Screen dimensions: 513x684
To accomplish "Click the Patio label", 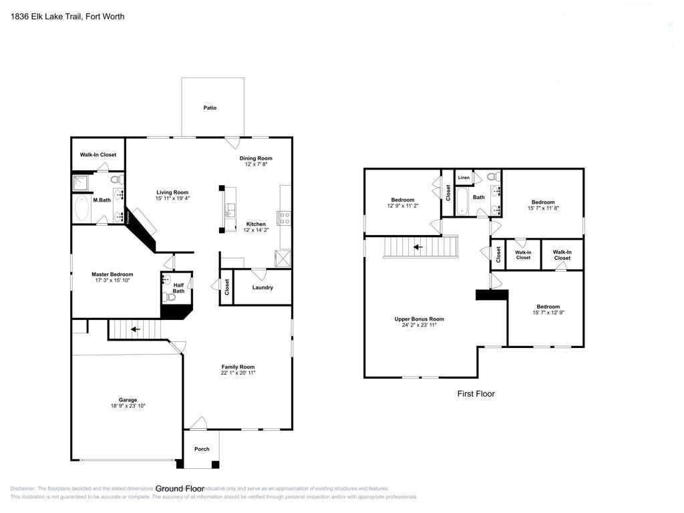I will (210, 108).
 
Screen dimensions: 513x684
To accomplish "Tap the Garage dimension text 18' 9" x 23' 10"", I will (128, 406).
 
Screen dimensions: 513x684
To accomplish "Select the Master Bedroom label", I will (112, 274).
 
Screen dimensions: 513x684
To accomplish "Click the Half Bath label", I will (178, 288).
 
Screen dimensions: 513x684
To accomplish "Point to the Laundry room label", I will (262, 288).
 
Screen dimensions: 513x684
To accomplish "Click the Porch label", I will (201, 449).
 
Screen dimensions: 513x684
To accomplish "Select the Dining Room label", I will (256, 158).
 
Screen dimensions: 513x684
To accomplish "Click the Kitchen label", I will (256, 224).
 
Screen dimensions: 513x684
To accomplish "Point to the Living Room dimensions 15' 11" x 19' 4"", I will (172, 198).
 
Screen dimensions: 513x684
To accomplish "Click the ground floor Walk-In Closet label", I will (98, 155).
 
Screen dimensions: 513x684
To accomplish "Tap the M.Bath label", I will (102, 200).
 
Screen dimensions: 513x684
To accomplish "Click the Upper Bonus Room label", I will (419, 319).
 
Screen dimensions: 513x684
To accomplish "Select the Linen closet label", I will (464, 178).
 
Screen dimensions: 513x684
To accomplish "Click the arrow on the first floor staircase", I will (418, 247).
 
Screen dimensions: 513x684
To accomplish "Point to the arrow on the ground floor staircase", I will (135, 329).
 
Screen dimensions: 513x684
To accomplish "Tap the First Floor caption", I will (476, 394).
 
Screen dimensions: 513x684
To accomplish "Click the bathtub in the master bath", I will (83, 209).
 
